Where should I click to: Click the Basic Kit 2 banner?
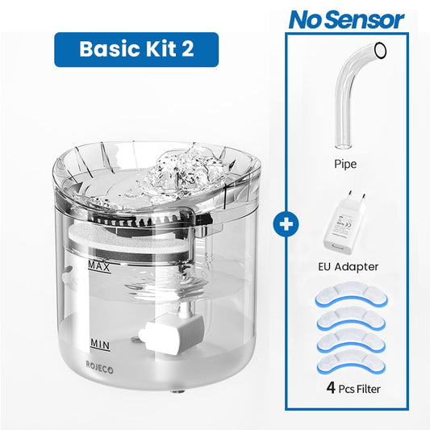136,49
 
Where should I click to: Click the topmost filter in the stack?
349,299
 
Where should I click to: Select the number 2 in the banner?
187,49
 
